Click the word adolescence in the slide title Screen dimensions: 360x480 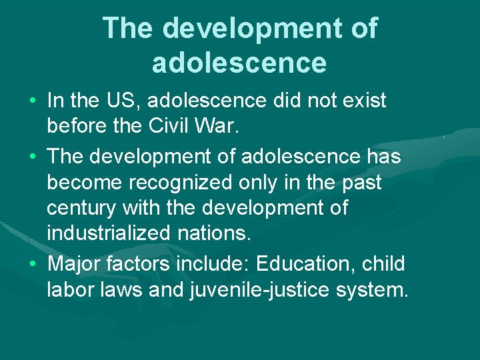[x=239, y=62]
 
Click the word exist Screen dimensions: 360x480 [x=360, y=101]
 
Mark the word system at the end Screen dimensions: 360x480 [x=371, y=290]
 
